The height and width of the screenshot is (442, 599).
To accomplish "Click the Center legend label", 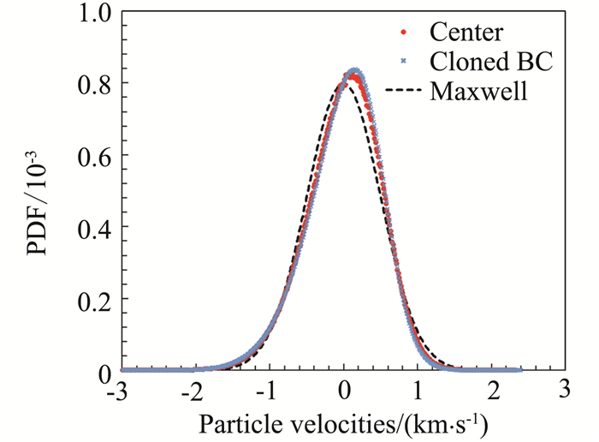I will point(467,34).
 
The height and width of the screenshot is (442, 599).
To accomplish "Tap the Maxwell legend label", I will point(479,89).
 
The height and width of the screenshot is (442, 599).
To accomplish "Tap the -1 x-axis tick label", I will point(268,388).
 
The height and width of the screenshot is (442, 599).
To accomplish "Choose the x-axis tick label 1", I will point(418,388).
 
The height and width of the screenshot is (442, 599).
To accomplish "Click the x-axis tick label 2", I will point(492,388).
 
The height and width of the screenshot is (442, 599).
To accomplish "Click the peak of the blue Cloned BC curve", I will point(354,71).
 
